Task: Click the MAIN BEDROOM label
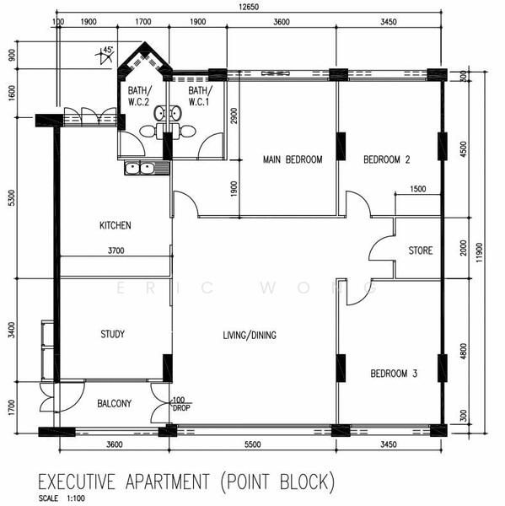pos(292,159)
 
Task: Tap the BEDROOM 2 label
pos(386,159)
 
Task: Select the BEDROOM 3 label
pos(393,372)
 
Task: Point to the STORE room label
pos(421,250)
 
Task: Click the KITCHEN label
pos(116,225)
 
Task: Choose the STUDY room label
pos(112,334)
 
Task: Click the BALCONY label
pos(114,404)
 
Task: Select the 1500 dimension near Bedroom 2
pos(416,190)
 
